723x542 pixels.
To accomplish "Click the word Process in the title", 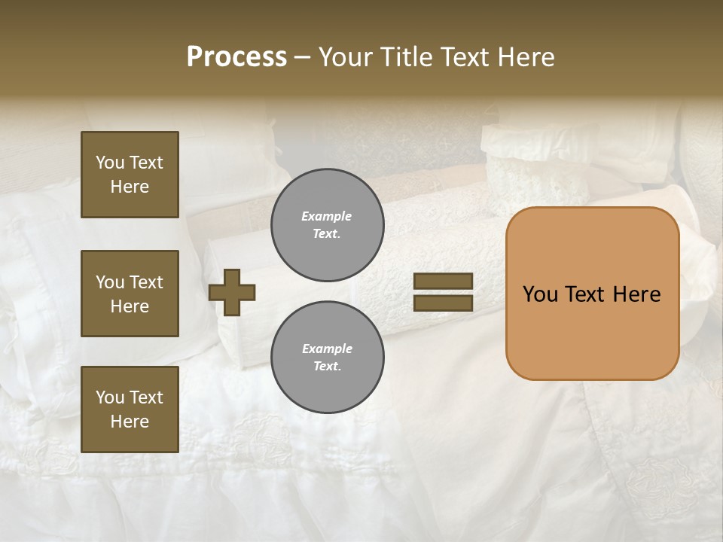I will (236, 57).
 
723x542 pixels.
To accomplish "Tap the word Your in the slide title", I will (345, 57).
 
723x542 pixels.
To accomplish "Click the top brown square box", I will (130, 175).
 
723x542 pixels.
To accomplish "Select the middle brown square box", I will (130, 294).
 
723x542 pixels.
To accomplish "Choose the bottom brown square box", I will (130, 410).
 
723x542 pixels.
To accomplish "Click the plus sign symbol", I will (232, 292).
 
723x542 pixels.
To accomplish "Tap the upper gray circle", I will (327, 225).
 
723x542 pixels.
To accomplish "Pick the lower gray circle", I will (327, 357).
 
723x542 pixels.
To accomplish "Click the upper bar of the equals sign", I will (443, 282).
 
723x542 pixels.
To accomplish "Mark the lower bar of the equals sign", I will (443, 303).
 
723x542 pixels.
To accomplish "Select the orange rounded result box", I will (592, 294).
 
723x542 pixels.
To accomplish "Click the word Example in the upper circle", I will (327, 216).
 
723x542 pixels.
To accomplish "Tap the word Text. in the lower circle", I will (327, 366).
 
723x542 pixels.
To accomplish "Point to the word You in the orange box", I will (540, 294).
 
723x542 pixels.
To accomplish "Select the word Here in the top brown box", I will (130, 187).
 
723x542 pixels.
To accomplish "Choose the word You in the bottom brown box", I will (110, 397).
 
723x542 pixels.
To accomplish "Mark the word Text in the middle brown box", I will (145, 282).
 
